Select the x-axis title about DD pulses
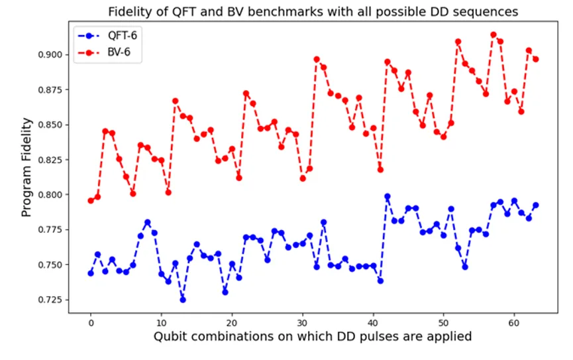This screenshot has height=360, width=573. pos(313,337)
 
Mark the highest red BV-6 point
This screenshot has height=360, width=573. pos(494,34)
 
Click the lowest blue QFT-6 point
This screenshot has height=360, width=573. pos(183,300)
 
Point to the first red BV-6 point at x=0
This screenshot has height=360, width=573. pos(91,200)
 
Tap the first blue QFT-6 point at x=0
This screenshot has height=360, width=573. pos(91,273)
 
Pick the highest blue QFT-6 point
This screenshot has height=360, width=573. pos(388,196)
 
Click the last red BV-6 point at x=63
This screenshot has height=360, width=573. pos(536,59)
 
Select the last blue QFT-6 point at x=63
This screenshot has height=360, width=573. pos(536,205)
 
